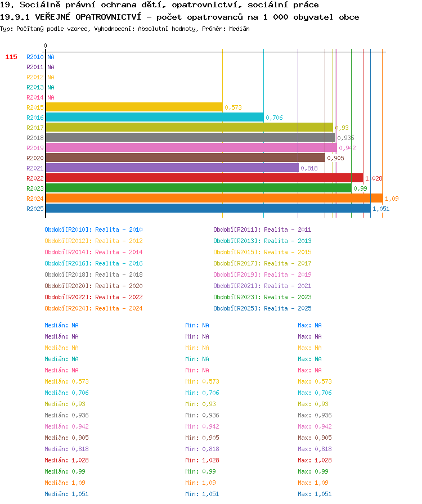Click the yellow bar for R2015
(x=134, y=107)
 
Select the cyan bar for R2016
(x=155, y=118)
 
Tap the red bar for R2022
(x=205, y=178)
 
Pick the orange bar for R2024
(x=214, y=199)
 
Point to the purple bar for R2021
(x=172, y=168)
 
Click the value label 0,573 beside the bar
(x=233, y=107)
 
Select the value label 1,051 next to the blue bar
(x=381, y=209)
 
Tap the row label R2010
(x=35, y=57)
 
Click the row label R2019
(x=35, y=148)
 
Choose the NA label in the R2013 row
(x=51, y=87)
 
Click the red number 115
(x=11, y=57)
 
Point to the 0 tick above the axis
(x=45, y=46)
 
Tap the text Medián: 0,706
(x=66, y=393)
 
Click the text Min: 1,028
(x=202, y=460)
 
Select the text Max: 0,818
(x=315, y=449)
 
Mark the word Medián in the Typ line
(x=239, y=29)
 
